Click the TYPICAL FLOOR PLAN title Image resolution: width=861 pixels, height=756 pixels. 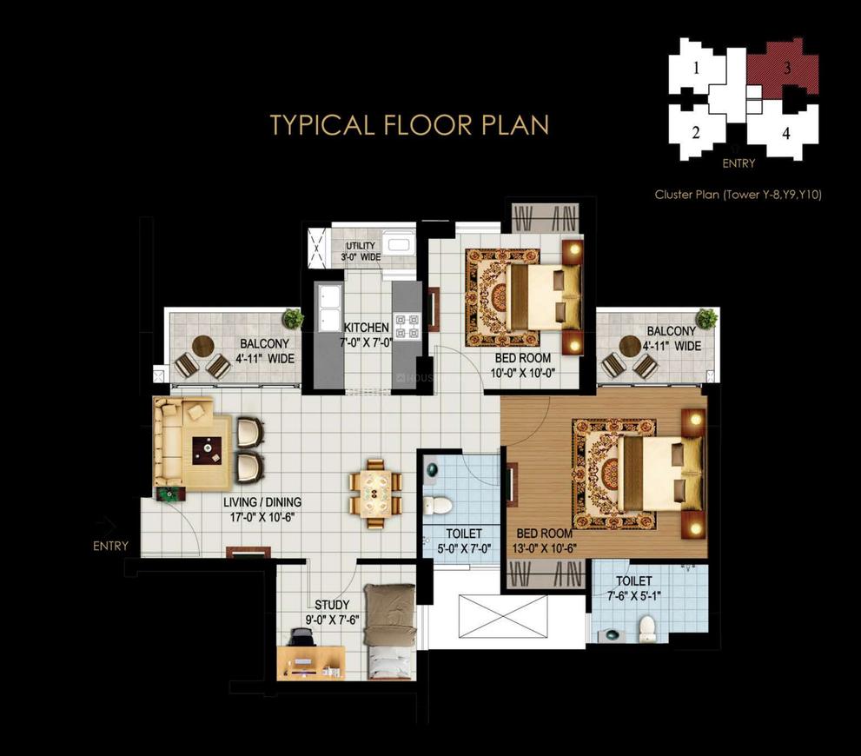point(409,125)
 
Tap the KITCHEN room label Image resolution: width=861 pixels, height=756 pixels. point(367,328)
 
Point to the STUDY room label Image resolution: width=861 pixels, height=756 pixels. point(332,605)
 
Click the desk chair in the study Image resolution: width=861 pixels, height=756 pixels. point(300,638)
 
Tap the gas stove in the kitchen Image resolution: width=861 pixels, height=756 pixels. point(406,326)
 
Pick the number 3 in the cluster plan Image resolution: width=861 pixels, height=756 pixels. point(787,68)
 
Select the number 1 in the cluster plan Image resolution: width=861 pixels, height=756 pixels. point(696,68)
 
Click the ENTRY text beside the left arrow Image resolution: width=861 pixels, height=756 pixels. point(110,546)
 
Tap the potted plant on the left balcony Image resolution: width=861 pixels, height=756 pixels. point(293,318)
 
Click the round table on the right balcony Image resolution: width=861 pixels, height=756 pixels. point(630,346)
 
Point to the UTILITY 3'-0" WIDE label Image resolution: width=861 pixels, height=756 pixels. point(361,251)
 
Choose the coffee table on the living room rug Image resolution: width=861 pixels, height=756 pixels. point(207,451)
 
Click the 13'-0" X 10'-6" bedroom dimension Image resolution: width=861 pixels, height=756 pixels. point(544,548)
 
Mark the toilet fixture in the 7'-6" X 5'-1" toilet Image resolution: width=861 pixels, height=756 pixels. point(647,628)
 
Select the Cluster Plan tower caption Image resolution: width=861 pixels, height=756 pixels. point(738,195)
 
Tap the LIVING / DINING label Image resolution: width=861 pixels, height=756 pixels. point(262,501)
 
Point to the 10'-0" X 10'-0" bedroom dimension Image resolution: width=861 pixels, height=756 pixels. point(522,374)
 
